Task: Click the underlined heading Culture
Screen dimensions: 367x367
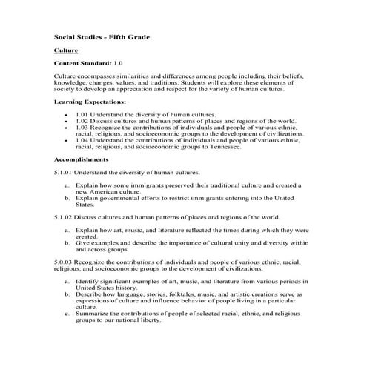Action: click(65, 50)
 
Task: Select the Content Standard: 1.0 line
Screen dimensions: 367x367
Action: click(89, 65)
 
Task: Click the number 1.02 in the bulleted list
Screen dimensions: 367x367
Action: click(82, 121)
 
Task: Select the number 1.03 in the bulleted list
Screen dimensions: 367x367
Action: click(82, 128)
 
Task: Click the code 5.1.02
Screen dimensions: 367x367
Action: click(65, 217)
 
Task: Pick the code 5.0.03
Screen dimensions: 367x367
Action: click(65, 263)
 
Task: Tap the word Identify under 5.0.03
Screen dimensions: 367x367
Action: click(88, 282)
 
